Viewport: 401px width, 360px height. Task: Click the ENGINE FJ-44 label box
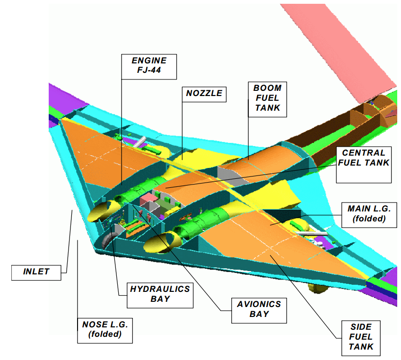tap(149, 67)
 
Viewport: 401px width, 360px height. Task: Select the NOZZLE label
tap(204, 94)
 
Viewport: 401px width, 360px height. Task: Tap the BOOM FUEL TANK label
tap(268, 99)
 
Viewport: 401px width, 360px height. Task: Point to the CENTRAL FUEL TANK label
tap(364, 165)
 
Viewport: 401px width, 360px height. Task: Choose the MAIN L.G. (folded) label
tap(369, 215)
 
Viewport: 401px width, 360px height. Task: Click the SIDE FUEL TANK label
tap(361, 338)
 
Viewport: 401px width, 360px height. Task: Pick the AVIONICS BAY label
tap(259, 310)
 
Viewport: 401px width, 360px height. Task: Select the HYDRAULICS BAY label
tap(160, 295)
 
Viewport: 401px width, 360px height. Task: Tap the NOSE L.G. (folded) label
tap(105, 330)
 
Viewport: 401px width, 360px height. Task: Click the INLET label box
tap(36, 273)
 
